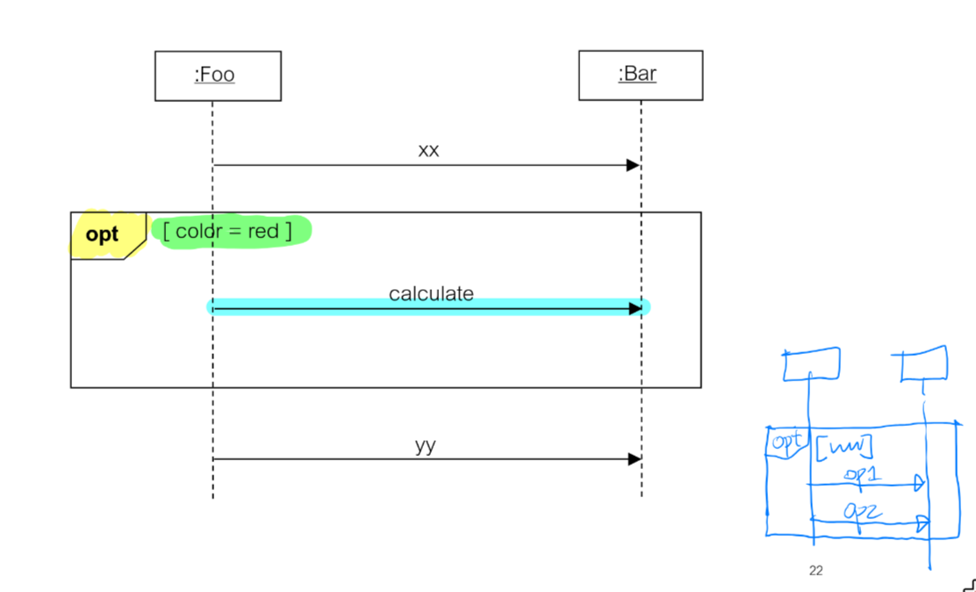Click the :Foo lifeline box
[218, 76]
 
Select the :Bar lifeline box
[640, 75]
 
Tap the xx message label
[428, 150]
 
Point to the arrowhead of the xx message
[633, 165]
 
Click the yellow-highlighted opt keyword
[102, 235]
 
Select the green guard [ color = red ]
[231, 230]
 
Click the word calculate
[431, 293]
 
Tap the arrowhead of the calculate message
[635, 308]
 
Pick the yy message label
[426, 445]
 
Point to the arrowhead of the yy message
[634, 458]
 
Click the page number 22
[816, 571]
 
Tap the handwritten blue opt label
[786, 442]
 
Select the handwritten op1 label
[861, 474]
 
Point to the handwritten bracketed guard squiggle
[843, 449]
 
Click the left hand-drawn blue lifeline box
[812, 364]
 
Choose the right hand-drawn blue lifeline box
[924, 364]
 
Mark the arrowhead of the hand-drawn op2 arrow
[922, 523]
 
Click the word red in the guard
[262, 230]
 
